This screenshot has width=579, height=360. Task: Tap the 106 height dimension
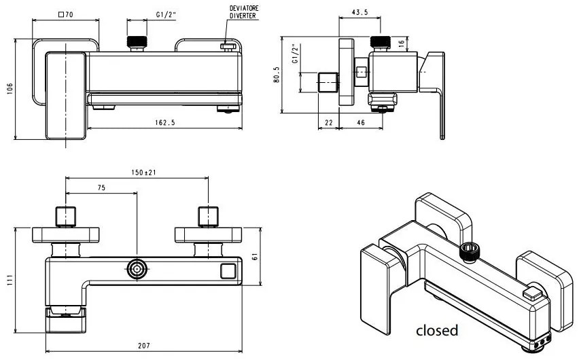pyautogui.click(x=10, y=89)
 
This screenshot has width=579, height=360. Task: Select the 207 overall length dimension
pyautogui.click(x=143, y=346)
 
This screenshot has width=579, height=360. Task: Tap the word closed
pyautogui.click(x=437, y=331)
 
